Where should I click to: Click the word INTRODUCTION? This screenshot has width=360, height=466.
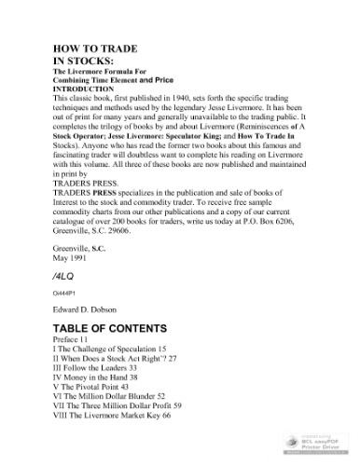pos(88,89)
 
